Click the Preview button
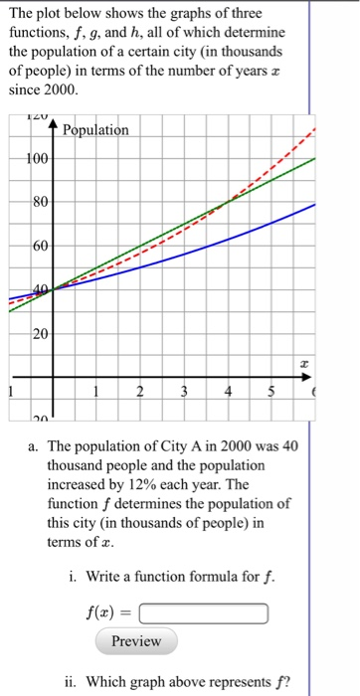click(x=136, y=641)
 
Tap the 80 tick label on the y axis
click(x=37, y=203)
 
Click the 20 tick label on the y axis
click(x=37, y=333)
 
